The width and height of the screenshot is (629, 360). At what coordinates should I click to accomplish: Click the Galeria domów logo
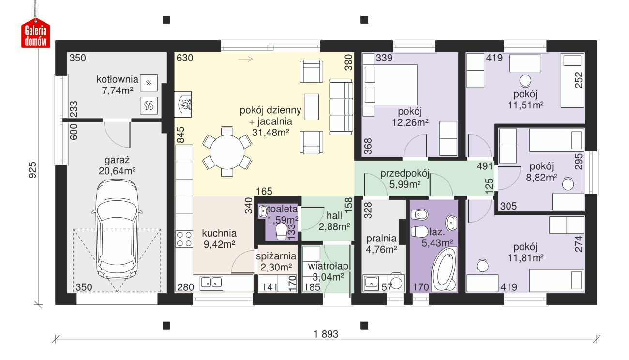tap(36, 33)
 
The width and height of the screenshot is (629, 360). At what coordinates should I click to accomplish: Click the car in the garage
tap(117, 229)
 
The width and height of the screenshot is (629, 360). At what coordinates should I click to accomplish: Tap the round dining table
tap(227, 152)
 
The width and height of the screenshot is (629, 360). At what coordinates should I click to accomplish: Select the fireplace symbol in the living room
tap(183, 104)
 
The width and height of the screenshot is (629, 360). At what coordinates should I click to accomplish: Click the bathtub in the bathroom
tap(444, 270)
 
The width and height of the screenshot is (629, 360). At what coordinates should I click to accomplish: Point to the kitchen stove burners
tap(184, 239)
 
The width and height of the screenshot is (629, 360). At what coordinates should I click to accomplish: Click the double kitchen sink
tap(211, 283)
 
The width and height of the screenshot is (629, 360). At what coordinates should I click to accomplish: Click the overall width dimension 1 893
tap(326, 334)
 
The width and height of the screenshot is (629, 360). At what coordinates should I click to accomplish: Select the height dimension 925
tap(32, 170)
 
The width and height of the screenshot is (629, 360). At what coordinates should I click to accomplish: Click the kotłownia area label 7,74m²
tap(117, 90)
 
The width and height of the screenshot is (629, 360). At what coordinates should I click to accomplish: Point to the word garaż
tap(117, 160)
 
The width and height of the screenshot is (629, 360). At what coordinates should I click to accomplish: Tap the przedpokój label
tap(404, 174)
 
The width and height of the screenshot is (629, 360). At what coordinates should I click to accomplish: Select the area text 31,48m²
tap(270, 132)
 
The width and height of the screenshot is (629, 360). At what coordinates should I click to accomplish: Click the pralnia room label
tap(381, 239)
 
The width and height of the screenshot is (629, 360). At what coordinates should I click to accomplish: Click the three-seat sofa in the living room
tap(341, 107)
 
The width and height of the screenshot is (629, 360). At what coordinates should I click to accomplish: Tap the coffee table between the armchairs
tap(312, 107)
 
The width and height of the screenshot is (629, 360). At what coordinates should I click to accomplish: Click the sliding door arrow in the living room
tap(246, 59)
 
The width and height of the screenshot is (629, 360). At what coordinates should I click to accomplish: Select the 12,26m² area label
tap(410, 122)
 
